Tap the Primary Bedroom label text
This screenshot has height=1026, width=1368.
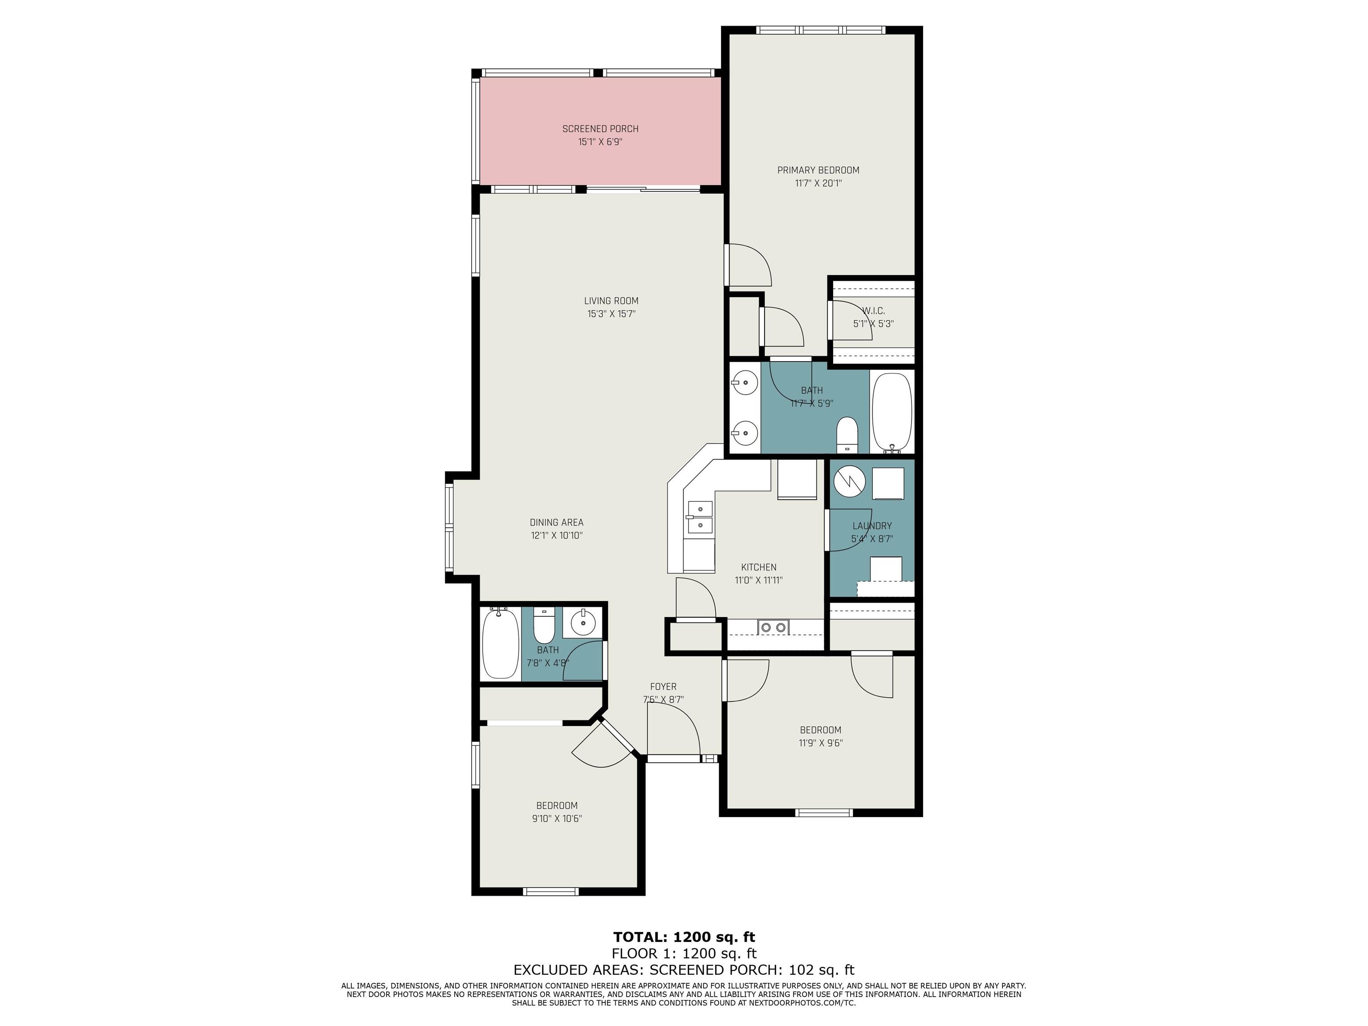coord(818,170)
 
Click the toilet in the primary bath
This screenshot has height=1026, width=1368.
coord(847,434)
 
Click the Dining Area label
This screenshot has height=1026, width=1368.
coord(557,523)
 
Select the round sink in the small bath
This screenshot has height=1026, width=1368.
coord(582,623)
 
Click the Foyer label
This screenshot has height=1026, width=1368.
coord(663,687)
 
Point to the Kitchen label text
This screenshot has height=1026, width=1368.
coord(759,567)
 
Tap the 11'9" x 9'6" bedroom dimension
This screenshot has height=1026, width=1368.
coord(821,743)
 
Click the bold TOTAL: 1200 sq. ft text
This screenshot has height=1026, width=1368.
coord(684,937)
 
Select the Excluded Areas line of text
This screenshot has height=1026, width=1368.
coord(684,970)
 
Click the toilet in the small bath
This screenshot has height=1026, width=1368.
coord(544,626)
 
